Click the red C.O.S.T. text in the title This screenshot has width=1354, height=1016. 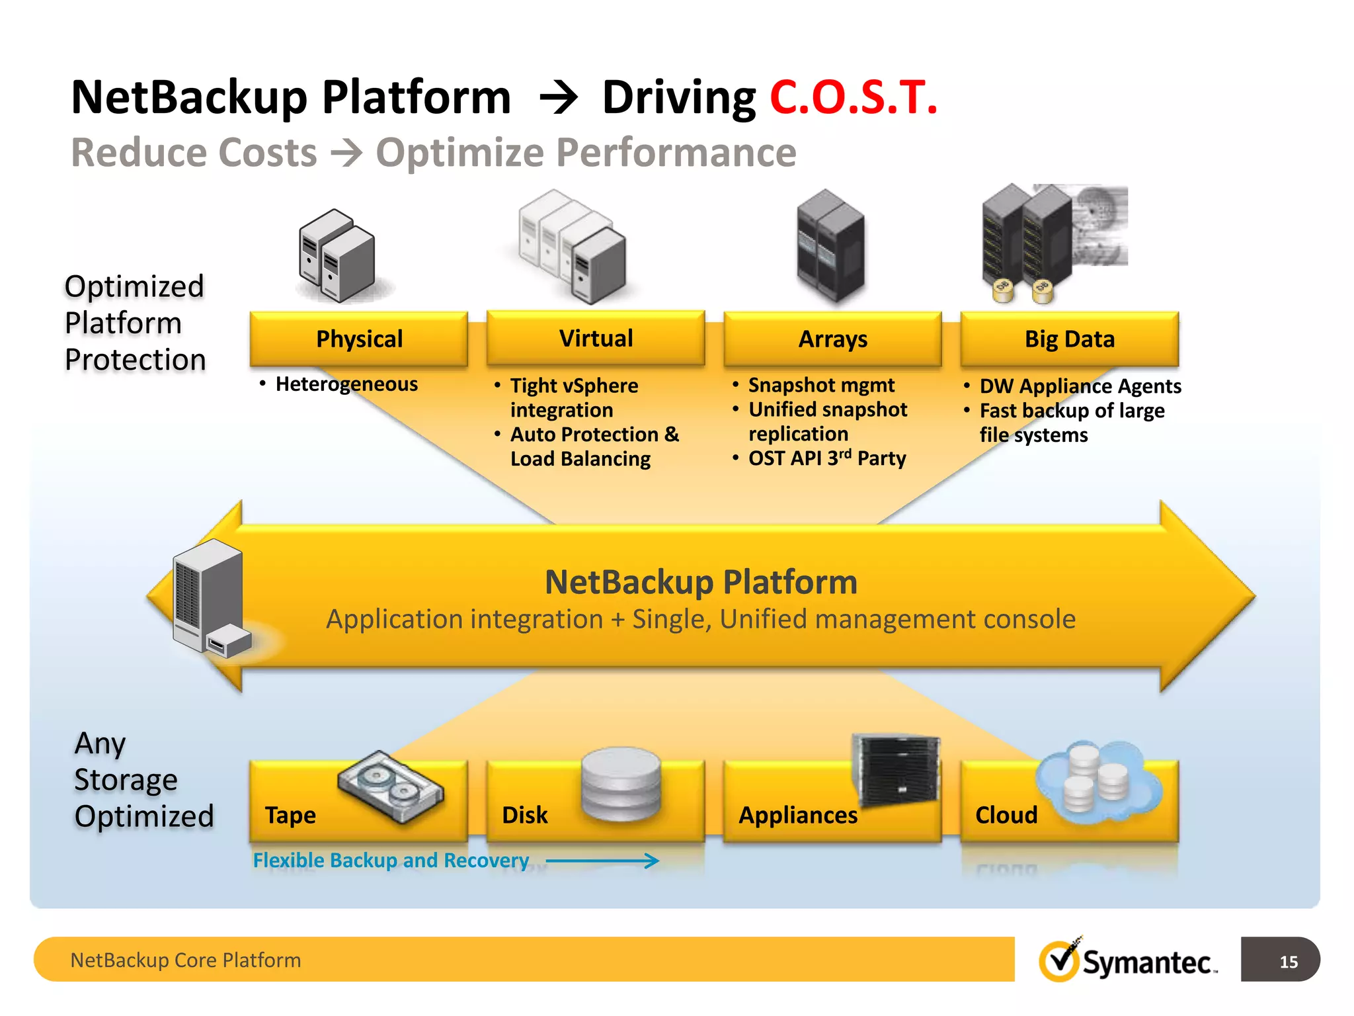853,98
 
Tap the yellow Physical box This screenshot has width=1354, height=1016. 359,339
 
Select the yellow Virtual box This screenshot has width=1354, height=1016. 596,338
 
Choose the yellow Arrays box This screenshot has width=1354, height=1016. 832,339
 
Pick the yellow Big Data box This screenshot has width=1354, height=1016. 1069,339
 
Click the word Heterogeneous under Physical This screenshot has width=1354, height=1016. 346,384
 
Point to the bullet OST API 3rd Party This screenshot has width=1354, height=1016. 826,458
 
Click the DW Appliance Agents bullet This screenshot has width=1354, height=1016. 1080,386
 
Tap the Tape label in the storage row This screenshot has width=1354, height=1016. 290,815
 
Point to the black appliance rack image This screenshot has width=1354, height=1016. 896,771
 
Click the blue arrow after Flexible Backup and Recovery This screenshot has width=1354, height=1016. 602,861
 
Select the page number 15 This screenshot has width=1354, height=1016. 1288,962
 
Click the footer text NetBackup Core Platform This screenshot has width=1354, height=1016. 185,960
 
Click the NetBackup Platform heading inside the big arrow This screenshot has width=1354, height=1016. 701,582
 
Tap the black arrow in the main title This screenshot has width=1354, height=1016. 559,99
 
